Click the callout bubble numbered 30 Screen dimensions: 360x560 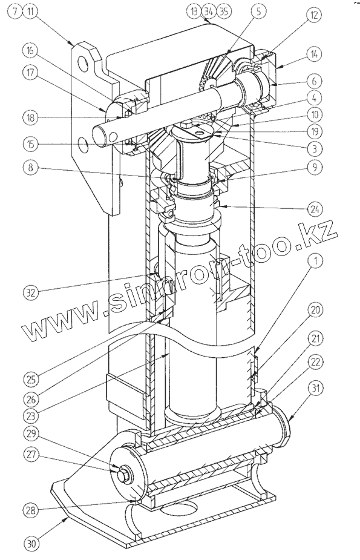(x=31, y=544)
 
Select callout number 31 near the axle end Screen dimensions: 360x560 (x=315, y=388)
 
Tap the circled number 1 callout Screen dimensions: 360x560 (x=315, y=262)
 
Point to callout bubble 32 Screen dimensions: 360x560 (x=31, y=292)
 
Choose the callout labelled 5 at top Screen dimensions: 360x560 (x=258, y=11)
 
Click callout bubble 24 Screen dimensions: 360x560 (x=315, y=209)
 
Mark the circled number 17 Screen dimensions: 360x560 (x=31, y=73)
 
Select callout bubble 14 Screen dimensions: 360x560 (x=314, y=54)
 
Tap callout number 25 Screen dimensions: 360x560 (x=31, y=379)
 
